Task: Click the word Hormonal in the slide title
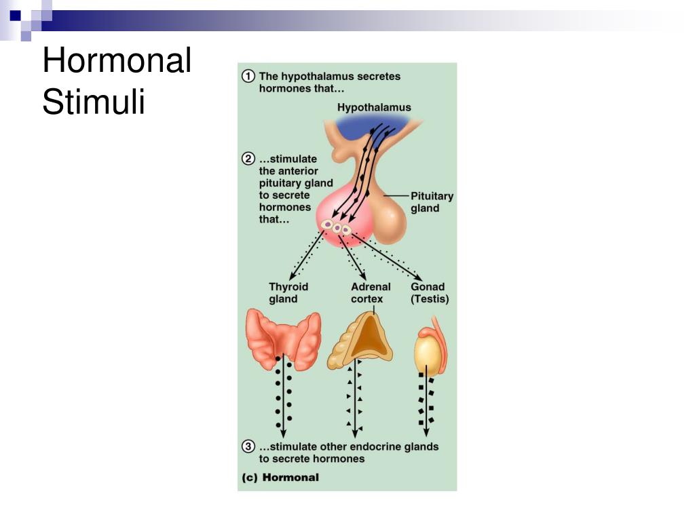point(116,61)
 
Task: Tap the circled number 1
point(249,76)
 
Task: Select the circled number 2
point(249,159)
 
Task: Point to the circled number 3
point(249,446)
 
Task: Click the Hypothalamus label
point(374,107)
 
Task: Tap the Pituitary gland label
point(432,202)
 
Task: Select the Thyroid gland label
point(288,292)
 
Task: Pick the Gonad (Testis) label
point(430,292)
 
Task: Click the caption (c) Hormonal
point(280,477)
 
